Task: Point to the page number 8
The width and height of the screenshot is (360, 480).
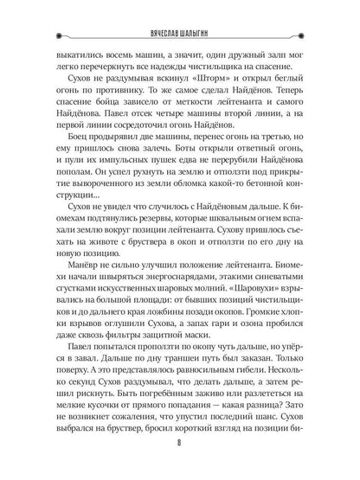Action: click(179, 457)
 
